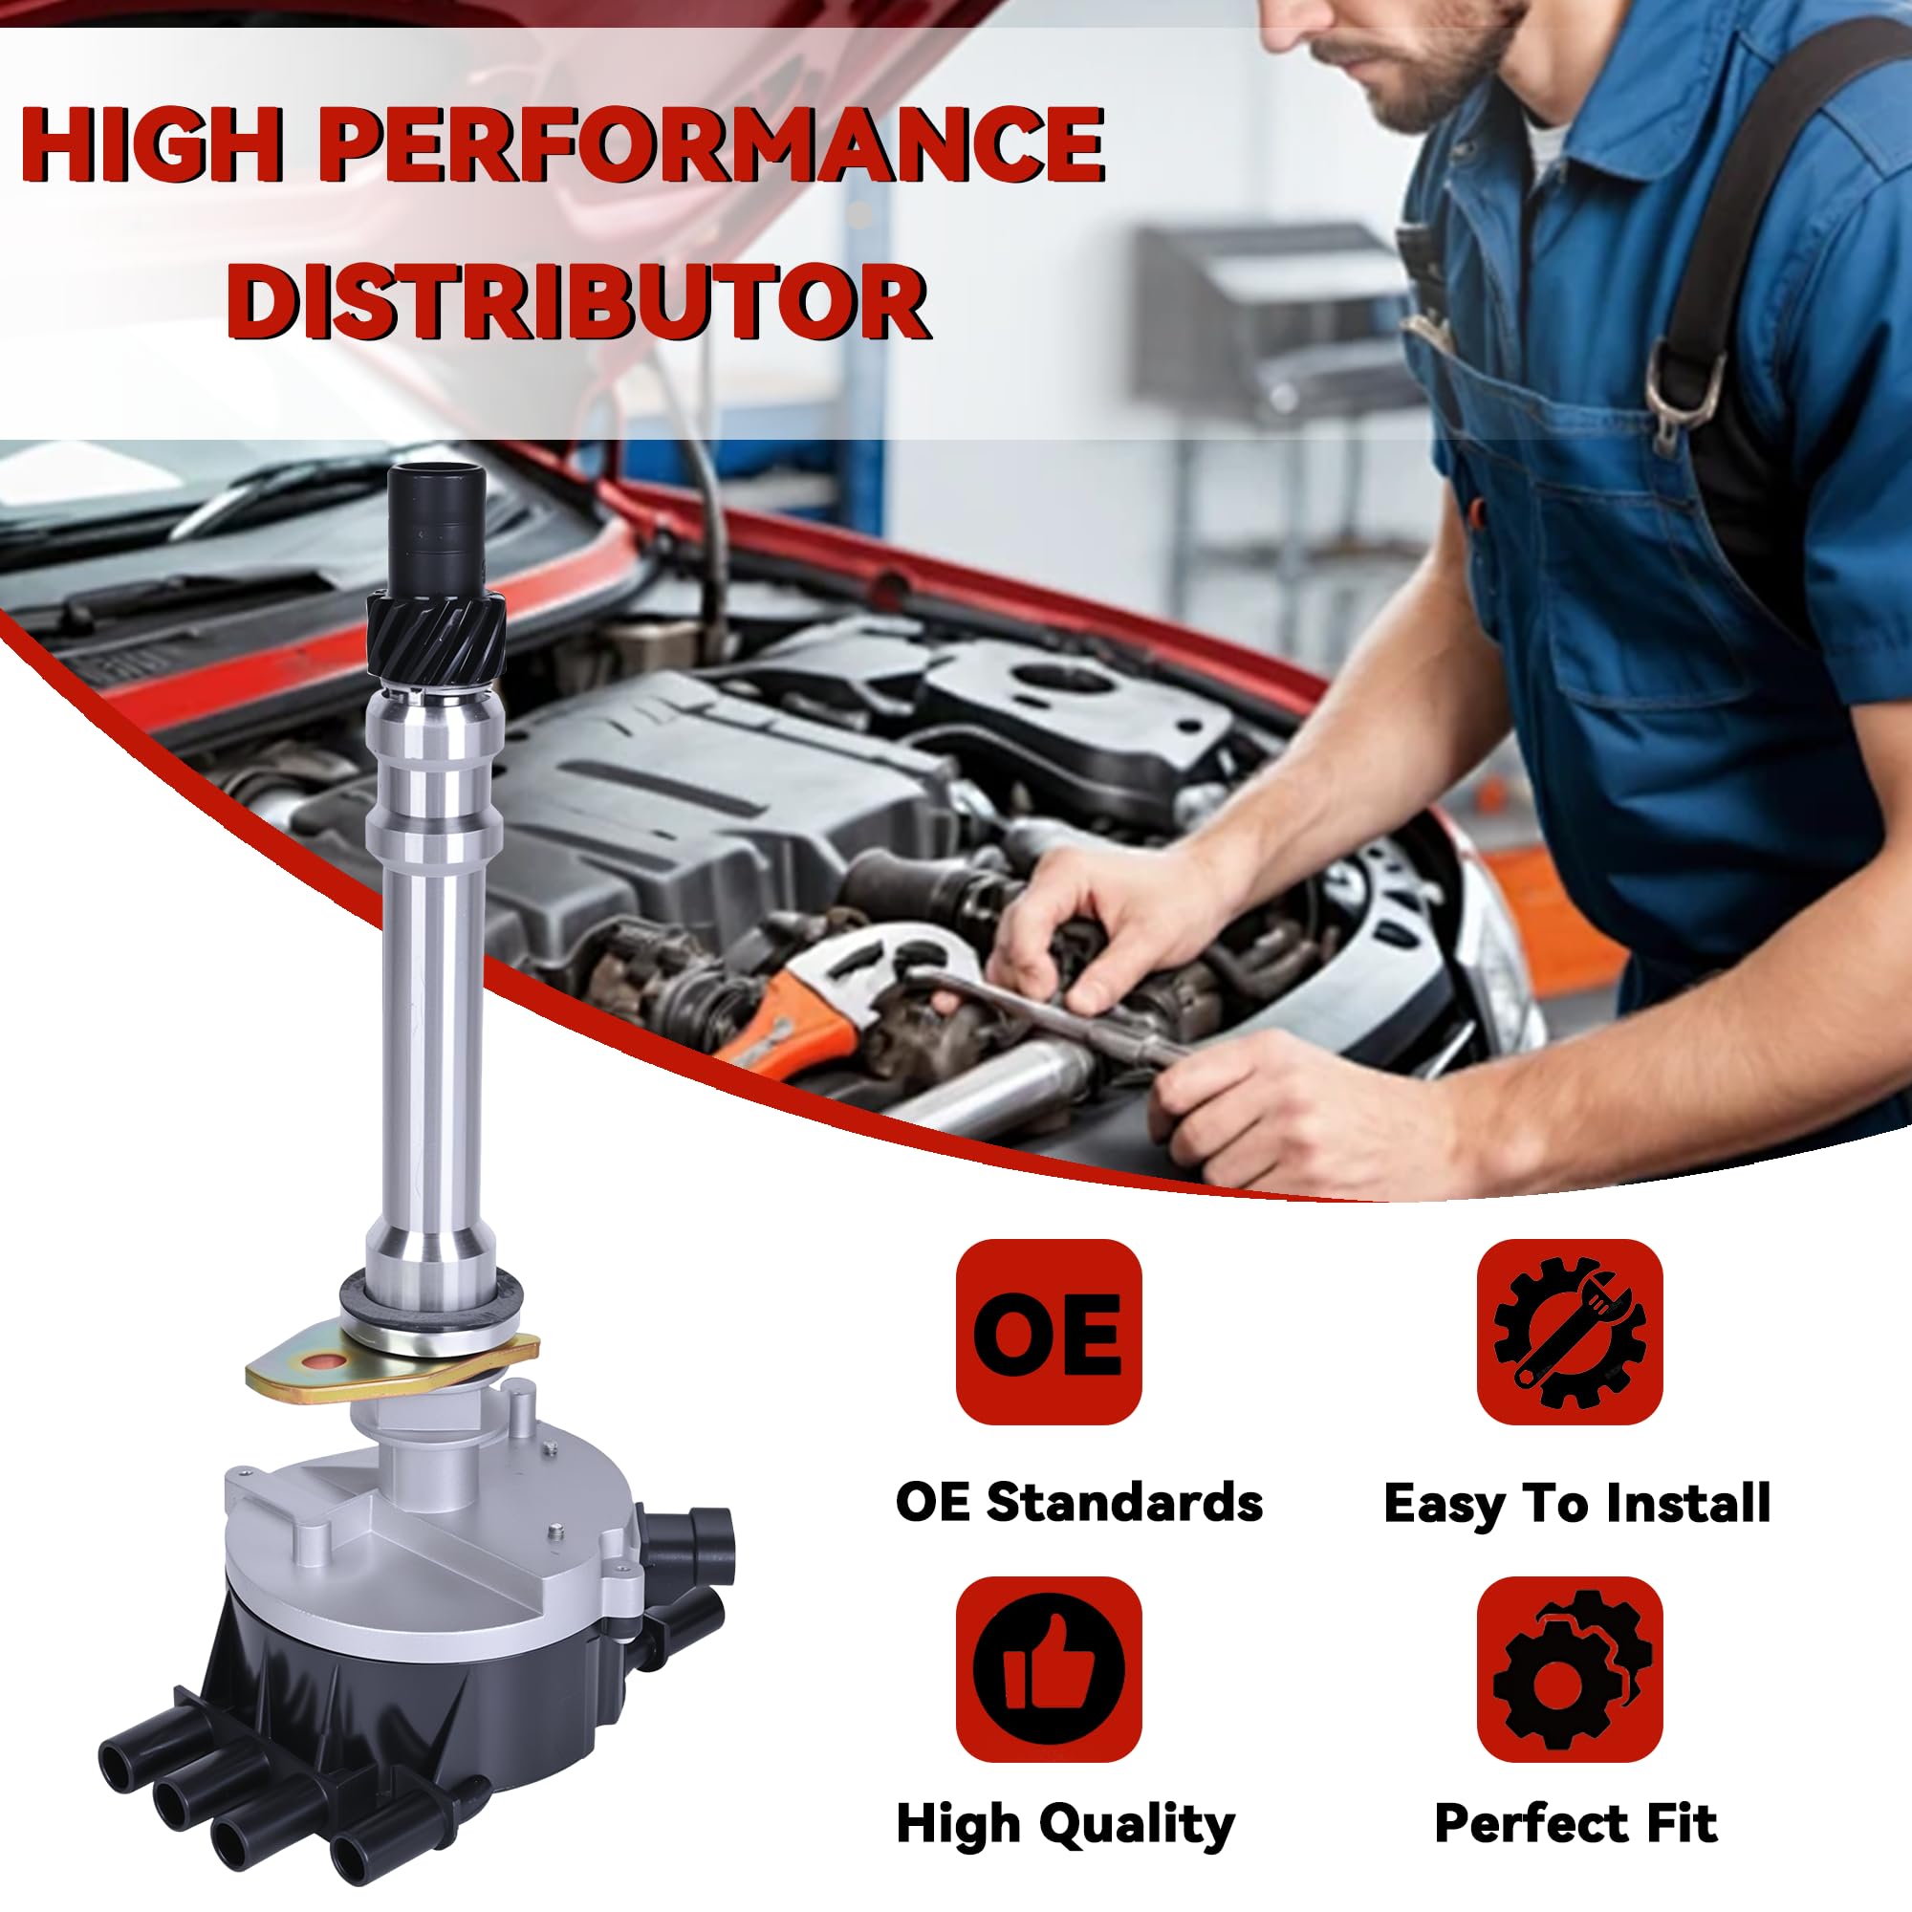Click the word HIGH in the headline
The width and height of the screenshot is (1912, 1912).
pos(153,145)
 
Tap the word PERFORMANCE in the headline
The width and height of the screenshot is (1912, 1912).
pos(710,145)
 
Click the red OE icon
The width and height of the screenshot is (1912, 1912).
pos(1048,1331)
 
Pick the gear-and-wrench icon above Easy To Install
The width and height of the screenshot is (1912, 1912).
pos(1570,1331)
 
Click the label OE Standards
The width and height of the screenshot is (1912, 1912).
pos(1078,1501)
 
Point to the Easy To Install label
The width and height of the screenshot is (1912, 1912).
pos(1576,1503)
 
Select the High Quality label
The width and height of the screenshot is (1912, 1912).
pos(1065,1824)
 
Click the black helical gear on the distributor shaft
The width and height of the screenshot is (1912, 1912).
pos(437,634)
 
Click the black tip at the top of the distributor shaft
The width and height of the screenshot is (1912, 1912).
pos(437,519)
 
